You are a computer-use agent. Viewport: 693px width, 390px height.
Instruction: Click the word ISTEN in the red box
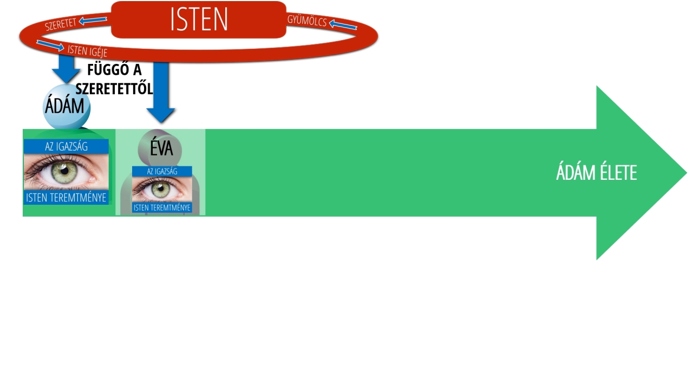199,19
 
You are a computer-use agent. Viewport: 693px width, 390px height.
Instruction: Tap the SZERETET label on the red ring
60,23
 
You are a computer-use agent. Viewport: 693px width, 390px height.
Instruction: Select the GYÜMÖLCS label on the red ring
307,22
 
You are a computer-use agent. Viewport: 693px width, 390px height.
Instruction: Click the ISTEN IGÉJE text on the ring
87,51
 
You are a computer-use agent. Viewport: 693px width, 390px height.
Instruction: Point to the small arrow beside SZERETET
93,21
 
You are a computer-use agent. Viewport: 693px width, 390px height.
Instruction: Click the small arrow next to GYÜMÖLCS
343,25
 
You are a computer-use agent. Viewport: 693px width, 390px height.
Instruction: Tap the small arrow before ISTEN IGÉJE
50,45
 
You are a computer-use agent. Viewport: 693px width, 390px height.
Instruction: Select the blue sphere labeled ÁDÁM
67,107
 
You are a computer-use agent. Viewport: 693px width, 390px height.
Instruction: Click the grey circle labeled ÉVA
160,148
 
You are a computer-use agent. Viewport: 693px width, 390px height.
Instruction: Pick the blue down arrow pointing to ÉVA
161,92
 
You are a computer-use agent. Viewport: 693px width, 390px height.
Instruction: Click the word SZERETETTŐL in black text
114,88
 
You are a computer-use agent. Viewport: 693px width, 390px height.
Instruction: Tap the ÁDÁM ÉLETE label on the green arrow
596,173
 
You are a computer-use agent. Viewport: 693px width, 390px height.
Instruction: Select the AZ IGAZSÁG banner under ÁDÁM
66,146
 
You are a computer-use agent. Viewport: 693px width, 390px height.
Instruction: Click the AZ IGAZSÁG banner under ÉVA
162,171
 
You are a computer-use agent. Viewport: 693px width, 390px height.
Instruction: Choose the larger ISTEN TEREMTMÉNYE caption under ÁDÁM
66,198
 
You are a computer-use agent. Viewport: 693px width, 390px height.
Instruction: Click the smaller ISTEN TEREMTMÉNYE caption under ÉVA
162,207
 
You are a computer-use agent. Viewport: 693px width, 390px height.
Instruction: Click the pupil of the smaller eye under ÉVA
159,190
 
